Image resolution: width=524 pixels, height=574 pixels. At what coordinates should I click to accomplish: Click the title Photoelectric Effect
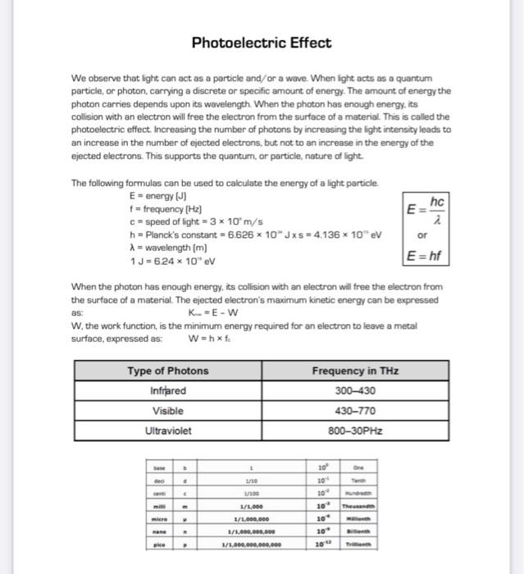(262, 43)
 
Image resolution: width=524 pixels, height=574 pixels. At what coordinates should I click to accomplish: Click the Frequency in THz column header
(355, 371)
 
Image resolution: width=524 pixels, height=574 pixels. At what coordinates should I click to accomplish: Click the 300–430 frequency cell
(355, 391)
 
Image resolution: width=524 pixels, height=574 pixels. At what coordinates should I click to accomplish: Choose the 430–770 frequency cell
(355, 411)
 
